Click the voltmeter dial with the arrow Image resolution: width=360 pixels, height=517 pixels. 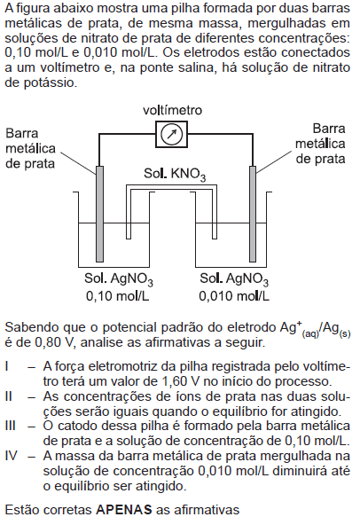[x=171, y=134]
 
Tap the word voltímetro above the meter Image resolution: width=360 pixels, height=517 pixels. [x=172, y=110]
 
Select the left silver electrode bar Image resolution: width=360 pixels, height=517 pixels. [x=99, y=214]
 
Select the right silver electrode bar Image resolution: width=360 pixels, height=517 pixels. [x=253, y=214]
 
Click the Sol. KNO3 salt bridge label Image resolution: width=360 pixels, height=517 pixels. [x=175, y=174]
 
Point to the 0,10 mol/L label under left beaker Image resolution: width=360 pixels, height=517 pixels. [x=118, y=296]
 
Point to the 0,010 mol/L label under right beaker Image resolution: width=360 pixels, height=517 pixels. [x=234, y=296]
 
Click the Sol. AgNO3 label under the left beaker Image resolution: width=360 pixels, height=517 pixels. [x=118, y=279]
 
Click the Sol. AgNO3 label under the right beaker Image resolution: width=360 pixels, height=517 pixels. [x=234, y=279]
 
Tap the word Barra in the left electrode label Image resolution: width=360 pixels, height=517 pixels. [x=22, y=133]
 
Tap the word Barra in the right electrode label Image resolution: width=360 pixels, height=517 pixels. [x=329, y=129]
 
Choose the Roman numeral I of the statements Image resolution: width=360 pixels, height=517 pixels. [x=7, y=366]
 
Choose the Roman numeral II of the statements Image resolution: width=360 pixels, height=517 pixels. [x=9, y=396]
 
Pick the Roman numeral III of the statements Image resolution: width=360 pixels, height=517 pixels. [x=11, y=426]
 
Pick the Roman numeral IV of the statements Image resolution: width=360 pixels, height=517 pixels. [x=11, y=456]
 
